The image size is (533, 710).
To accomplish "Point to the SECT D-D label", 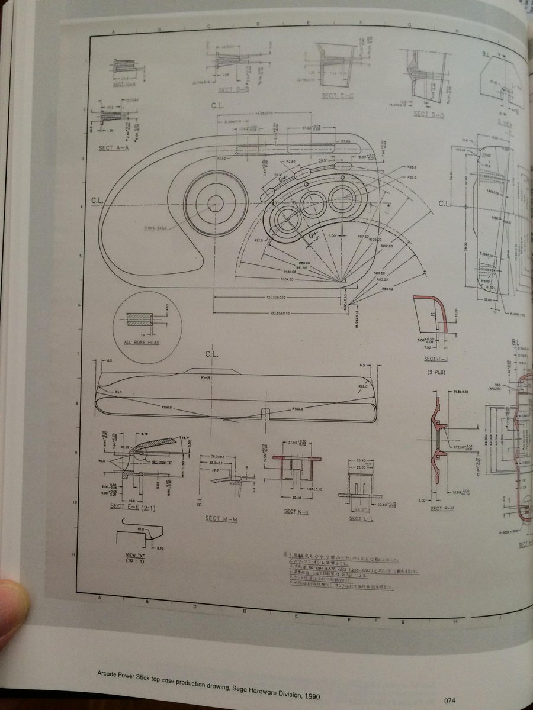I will click(x=429, y=114).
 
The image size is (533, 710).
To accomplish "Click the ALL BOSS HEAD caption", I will click(x=141, y=342).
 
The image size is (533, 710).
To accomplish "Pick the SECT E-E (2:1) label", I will click(x=133, y=506).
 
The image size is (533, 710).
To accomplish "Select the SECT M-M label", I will click(x=221, y=518).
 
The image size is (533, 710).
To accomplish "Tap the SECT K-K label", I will click(x=296, y=512).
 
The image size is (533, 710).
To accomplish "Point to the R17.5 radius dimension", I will click(x=260, y=241).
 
